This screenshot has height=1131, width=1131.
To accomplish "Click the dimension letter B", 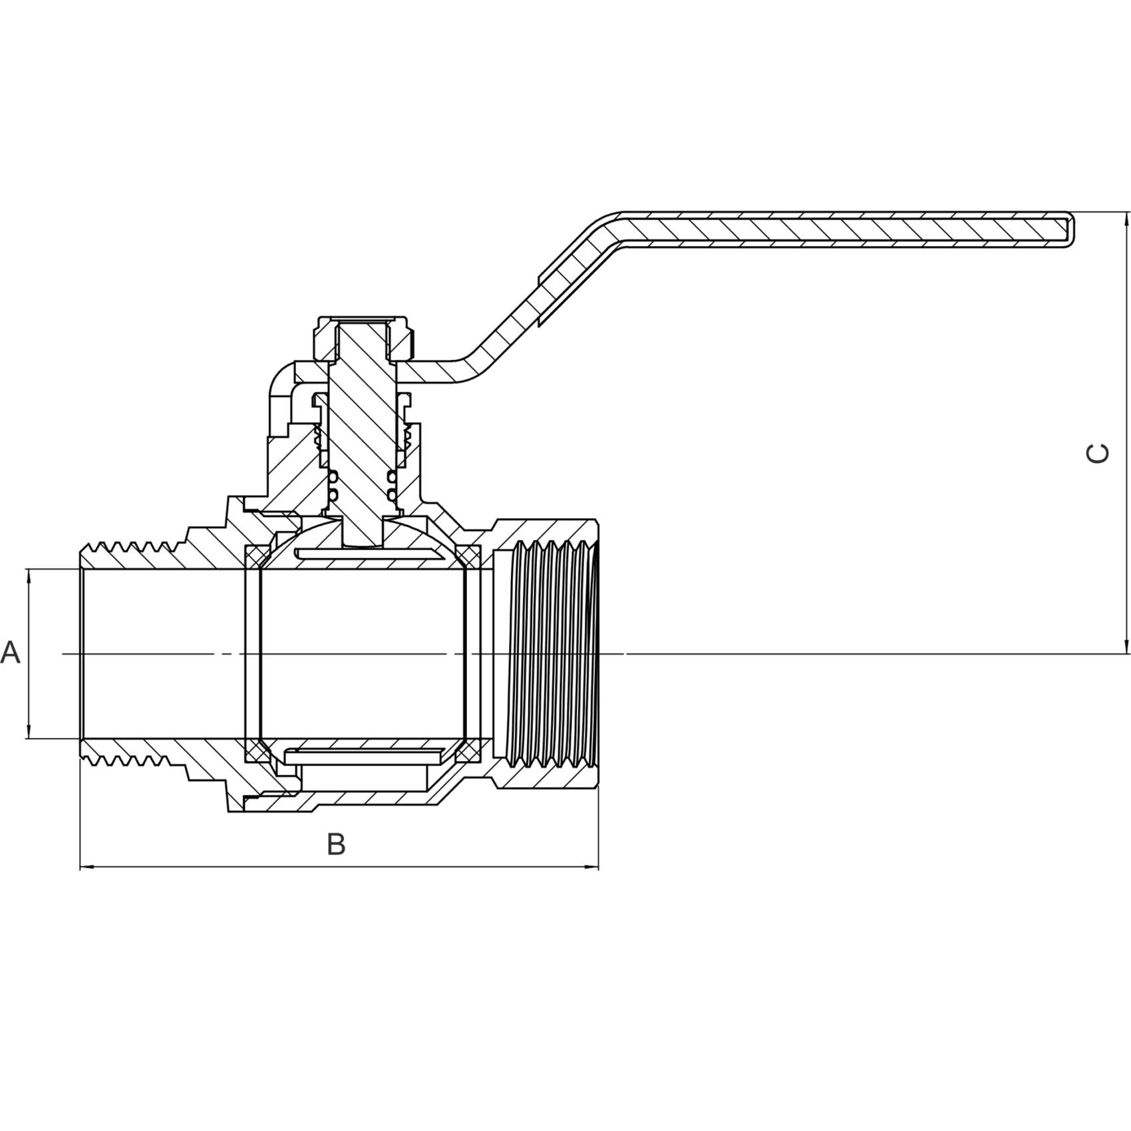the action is [337, 844].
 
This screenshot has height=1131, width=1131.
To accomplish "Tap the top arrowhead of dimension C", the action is [1126, 220].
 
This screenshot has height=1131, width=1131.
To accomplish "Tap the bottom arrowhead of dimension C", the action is [1126, 645].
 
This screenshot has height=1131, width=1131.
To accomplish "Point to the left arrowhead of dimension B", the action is [88, 867].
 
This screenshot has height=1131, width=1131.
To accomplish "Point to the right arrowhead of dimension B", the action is [590, 867].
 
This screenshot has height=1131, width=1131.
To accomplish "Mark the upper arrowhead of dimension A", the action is [28, 577].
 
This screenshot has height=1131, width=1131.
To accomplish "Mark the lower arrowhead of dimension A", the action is [28, 730].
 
